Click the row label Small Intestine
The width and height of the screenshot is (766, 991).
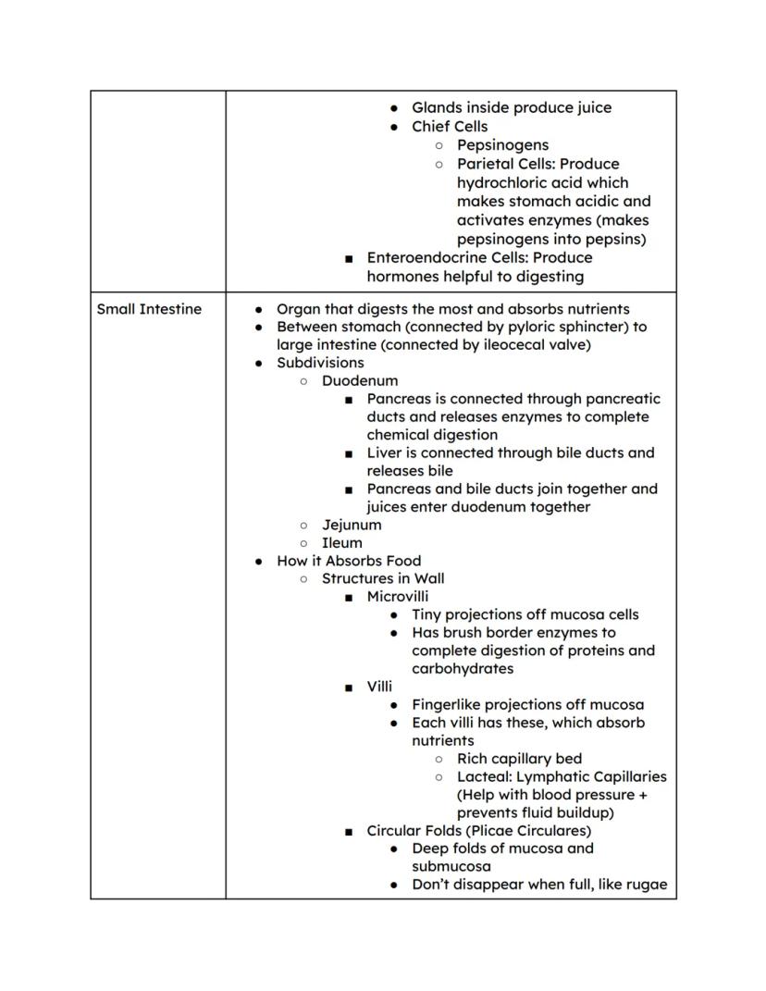tap(149, 309)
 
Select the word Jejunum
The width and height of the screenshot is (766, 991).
tap(352, 525)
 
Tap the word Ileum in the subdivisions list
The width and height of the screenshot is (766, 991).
tap(341, 543)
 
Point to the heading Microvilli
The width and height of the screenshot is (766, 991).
tap(397, 597)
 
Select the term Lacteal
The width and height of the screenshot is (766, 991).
tap(483, 777)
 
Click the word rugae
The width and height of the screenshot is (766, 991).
tap(646, 885)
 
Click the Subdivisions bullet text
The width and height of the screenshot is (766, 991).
tap(320, 363)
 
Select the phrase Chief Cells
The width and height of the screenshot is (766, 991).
tap(449, 127)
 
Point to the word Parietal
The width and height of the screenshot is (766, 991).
tap(486, 165)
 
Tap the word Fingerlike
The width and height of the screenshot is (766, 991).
tap(449, 705)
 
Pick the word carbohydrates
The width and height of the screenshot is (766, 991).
tap(462, 669)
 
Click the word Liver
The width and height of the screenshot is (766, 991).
tap(384, 453)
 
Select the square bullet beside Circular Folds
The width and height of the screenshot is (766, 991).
tap(348, 832)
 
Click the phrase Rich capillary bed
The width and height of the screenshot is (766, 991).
tap(519, 759)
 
